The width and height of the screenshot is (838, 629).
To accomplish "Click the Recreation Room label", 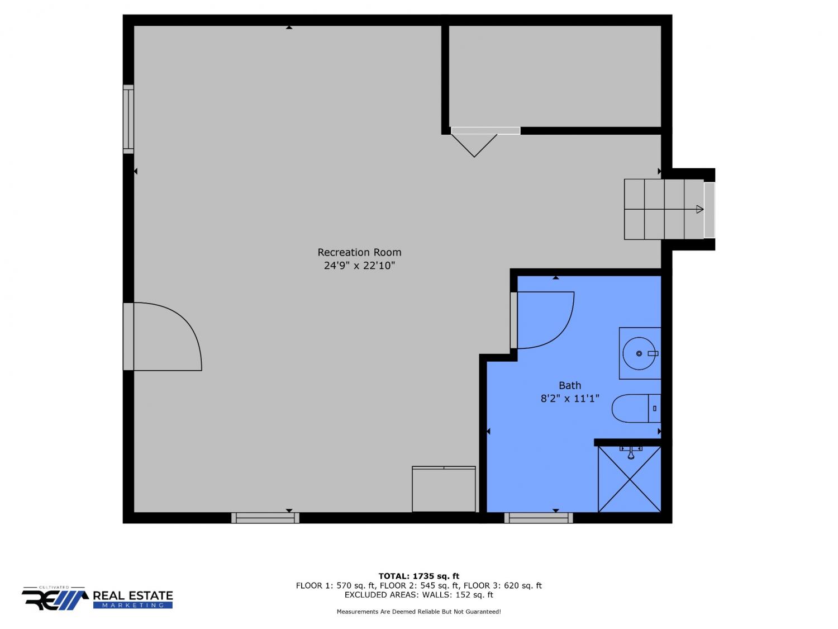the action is click(359, 253).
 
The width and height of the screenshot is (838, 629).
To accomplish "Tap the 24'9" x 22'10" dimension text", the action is click(359, 266).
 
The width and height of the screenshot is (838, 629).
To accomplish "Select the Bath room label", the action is click(570, 385).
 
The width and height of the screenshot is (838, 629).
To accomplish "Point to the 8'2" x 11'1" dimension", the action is click(570, 399).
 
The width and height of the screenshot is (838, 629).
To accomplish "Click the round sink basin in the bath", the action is click(639, 353).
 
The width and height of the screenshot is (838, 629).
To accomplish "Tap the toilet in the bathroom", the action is click(636, 408).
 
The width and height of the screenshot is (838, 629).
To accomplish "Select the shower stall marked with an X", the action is click(629, 479).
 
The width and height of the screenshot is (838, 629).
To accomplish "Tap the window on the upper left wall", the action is click(128, 119).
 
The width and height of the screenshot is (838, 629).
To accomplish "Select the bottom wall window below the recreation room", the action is click(265, 518).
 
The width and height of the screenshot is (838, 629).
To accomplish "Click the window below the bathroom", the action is click(539, 518).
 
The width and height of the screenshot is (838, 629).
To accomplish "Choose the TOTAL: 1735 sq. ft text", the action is click(418, 576).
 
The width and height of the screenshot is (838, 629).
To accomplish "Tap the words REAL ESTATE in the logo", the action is click(133, 596).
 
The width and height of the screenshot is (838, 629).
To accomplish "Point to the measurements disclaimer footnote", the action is click(418, 612).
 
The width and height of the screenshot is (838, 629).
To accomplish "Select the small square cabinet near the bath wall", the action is click(444, 489).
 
